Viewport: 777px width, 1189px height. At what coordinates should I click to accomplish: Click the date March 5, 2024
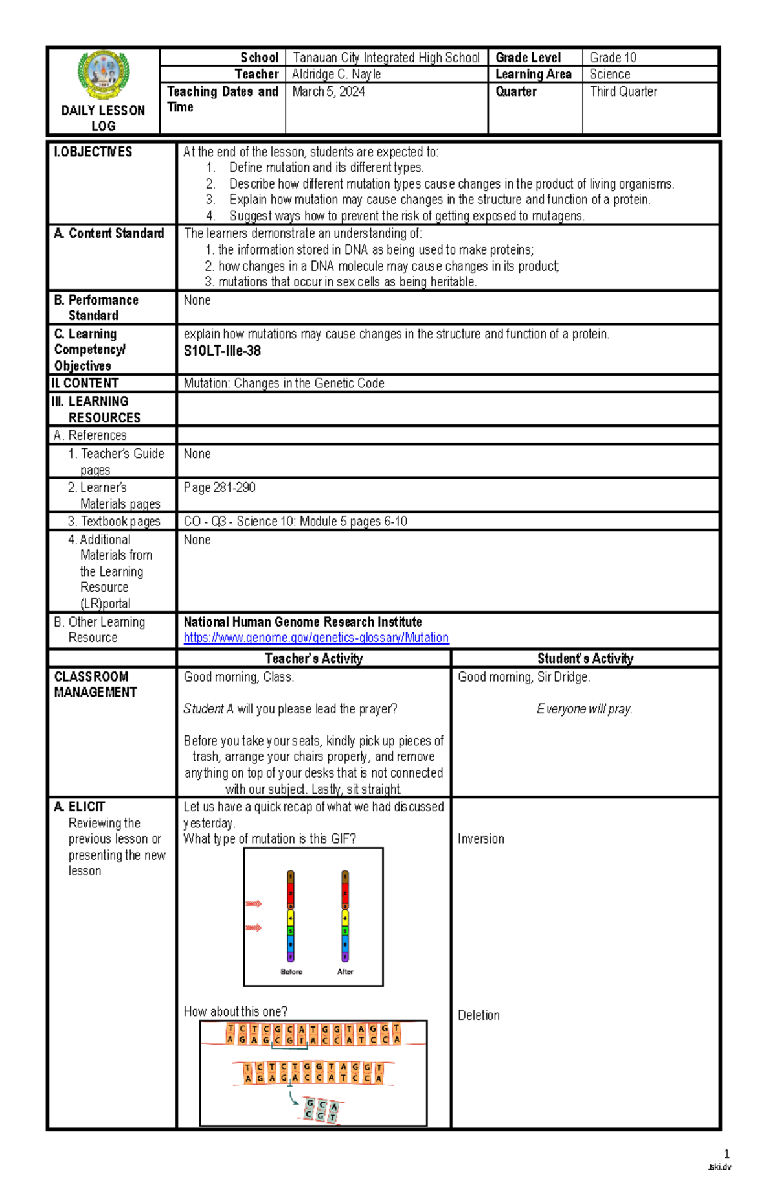coord(328,91)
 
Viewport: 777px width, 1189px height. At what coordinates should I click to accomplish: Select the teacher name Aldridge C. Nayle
coord(336,74)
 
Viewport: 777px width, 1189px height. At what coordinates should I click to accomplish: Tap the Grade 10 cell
coord(613,57)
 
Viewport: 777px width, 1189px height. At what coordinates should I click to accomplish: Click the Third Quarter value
coord(623,91)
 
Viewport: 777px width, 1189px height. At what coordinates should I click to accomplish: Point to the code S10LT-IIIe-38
coord(222,351)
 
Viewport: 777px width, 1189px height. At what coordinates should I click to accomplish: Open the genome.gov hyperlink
coord(316,637)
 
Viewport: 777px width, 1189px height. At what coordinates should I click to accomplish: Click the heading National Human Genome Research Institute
coord(302,621)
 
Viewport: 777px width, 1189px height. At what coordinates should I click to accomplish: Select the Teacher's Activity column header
coord(313,658)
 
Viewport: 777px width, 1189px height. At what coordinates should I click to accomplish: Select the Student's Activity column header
coord(585,658)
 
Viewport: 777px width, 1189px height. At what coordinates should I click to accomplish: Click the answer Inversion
coord(480,838)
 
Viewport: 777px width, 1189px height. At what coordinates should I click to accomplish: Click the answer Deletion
coord(479,1015)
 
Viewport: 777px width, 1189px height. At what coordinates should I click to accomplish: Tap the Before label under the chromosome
coord(291,971)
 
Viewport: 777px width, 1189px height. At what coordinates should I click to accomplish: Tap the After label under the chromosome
coord(345,971)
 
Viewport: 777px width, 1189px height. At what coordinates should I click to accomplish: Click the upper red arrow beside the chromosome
coord(253,903)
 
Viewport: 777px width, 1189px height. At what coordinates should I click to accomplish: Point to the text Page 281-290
coord(220,487)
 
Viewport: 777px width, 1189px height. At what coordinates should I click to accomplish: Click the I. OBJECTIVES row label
coord(93,152)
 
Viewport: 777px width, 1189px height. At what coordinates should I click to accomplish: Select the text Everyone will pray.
coord(584,709)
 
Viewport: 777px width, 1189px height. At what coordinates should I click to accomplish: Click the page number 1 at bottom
coord(726,1153)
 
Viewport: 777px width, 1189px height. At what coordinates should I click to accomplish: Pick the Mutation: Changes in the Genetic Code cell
coord(284,383)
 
